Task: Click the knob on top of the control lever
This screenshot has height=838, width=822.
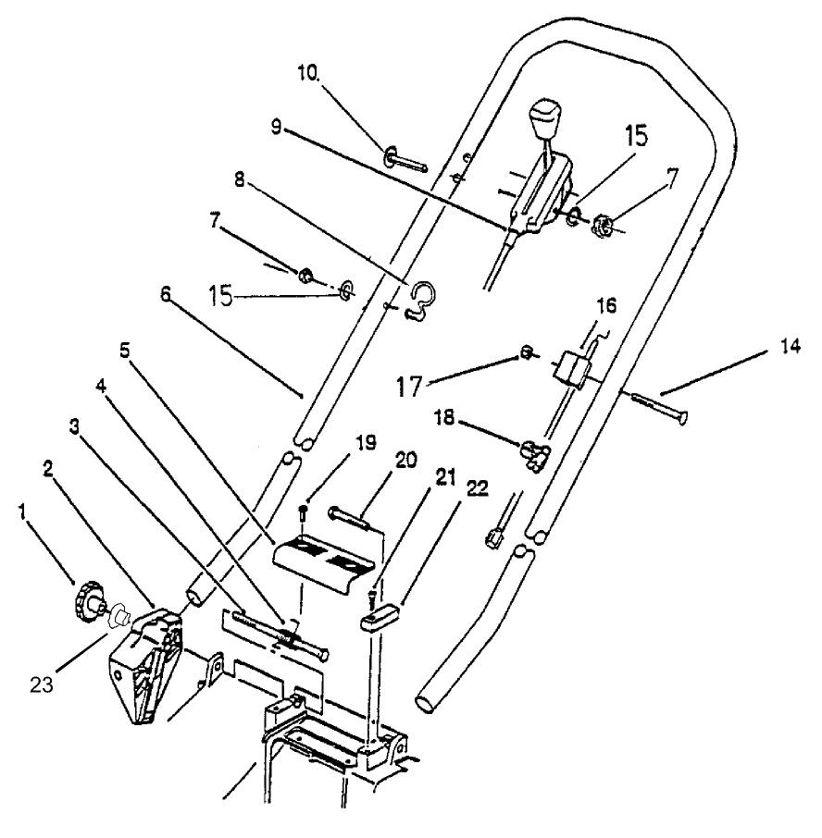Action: click(545, 118)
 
